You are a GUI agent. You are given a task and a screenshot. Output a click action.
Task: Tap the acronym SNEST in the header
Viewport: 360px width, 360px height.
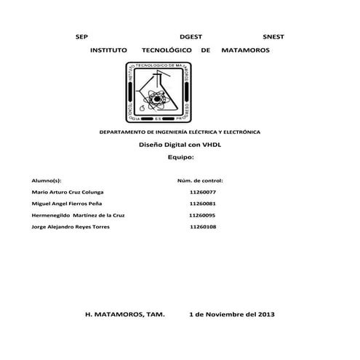(x=273, y=36)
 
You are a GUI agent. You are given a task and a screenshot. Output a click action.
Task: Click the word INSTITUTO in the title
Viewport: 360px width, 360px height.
(x=107, y=52)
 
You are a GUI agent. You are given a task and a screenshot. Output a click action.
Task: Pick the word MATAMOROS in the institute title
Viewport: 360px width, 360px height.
(x=244, y=52)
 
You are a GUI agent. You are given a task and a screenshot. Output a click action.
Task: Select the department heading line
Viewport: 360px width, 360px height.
(x=180, y=133)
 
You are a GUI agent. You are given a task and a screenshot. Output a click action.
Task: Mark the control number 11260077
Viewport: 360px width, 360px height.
(x=202, y=192)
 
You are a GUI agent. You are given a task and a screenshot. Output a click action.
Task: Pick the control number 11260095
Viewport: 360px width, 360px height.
(x=202, y=215)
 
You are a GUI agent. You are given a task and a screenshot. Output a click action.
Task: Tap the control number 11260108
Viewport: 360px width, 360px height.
(x=202, y=227)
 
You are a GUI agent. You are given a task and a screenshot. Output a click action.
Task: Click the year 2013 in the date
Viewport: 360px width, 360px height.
(x=263, y=315)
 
